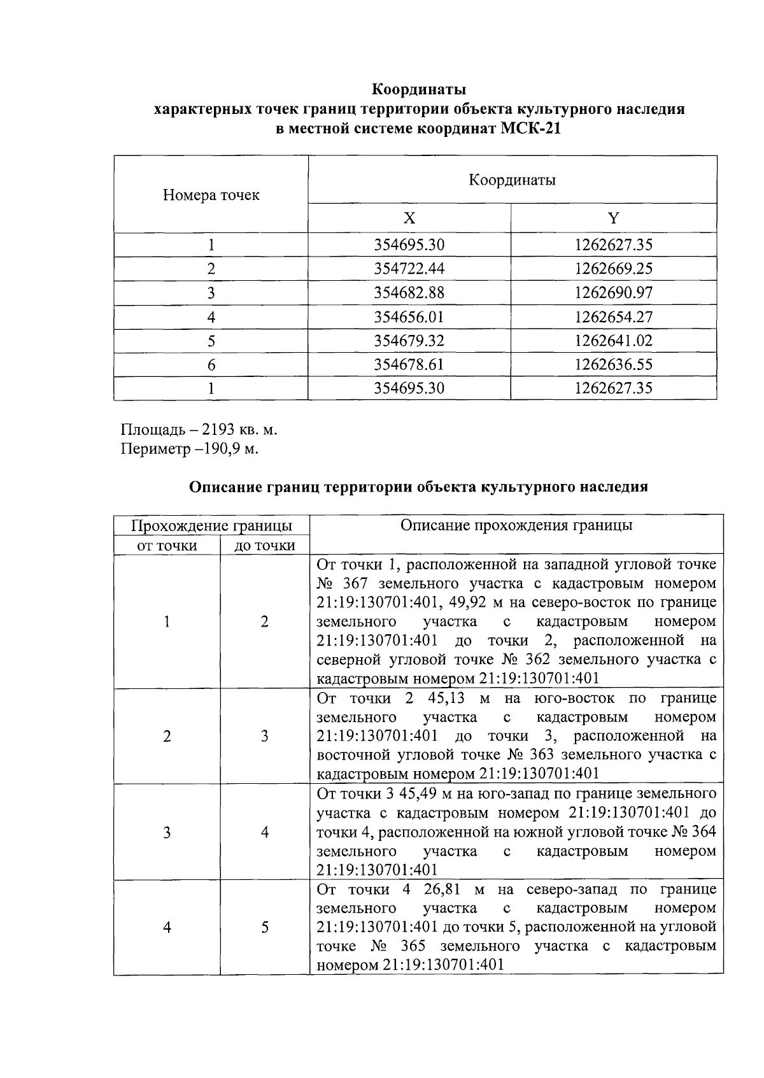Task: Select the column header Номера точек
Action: click(x=211, y=195)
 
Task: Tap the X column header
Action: click(x=409, y=218)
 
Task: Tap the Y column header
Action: click(x=613, y=218)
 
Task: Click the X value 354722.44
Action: click(x=409, y=269)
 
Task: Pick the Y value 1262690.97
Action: click(x=613, y=293)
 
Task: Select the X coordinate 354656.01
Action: click(x=409, y=317)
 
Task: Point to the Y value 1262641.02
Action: click(x=613, y=341)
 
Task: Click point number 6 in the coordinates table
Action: click(x=211, y=365)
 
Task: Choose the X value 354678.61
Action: click(x=409, y=365)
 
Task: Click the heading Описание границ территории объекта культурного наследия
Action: click(x=419, y=487)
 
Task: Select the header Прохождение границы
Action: click(x=211, y=526)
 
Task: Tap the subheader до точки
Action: click(x=264, y=546)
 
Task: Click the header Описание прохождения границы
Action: click(x=516, y=525)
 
